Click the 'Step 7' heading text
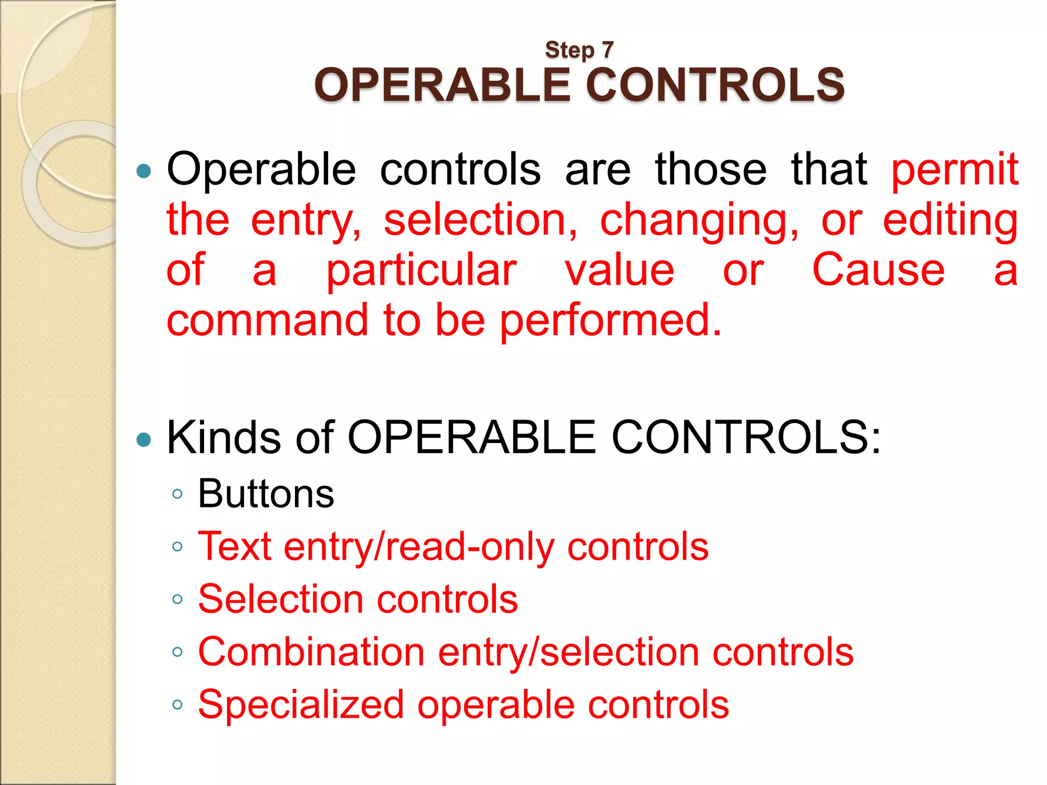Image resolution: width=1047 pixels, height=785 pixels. pyautogui.click(x=579, y=50)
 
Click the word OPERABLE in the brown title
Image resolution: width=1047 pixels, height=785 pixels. pyautogui.click(x=443, y=85)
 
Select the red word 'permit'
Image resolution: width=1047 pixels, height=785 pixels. pyautogui.click(x=954, y=169)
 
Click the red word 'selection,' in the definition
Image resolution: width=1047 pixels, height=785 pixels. pyautogui.click(x=481, y=220)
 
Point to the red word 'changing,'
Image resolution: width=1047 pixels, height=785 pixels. pyautogui.click(x=699, y=220)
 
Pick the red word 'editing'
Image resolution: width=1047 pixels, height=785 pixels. pyautogui.click(x=950, y=220)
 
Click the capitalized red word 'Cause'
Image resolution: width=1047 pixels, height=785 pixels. pyautogui.click(x=878, y=269)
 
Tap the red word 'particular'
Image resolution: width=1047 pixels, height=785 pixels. pyautogui.click(x=422, y=270)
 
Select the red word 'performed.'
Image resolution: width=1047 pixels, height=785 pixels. pyautogui.click(x=611, y=320)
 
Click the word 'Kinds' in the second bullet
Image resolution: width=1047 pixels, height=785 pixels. pyautogui.click(x=224, y=437)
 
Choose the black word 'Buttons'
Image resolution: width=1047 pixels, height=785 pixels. pyautogui.click(x=266, y=494)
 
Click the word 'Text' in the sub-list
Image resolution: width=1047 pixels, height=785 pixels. pyautogui.click(x=235, y=546)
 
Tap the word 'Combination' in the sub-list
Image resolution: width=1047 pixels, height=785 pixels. pyautogui.click(x=311, y=652)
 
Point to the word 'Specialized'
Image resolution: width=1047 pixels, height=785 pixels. pyautogui.click(x=301, y=705)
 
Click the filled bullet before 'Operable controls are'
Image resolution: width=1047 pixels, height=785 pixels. pyautogui.click(x=144, y=171)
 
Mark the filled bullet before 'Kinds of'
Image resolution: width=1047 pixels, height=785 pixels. pyautogui.click(x=144, y=439)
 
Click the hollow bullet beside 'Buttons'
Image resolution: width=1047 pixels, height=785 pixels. pyautogui.click(x=177, y=494)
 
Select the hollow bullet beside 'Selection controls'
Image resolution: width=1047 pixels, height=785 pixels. pyautogui.click(x=177, y=599)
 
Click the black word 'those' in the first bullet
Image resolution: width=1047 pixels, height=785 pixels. pyautogui.click(x=711, y=169)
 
